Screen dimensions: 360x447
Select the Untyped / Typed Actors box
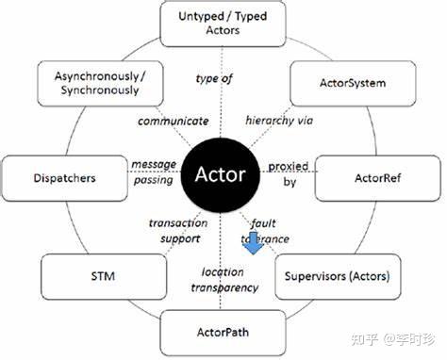[222, 23]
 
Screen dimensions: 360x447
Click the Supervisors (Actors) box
[337, 278]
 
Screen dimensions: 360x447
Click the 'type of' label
[213, 78]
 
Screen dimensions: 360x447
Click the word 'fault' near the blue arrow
[264, 223]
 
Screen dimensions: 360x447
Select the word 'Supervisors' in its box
[316, 278]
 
